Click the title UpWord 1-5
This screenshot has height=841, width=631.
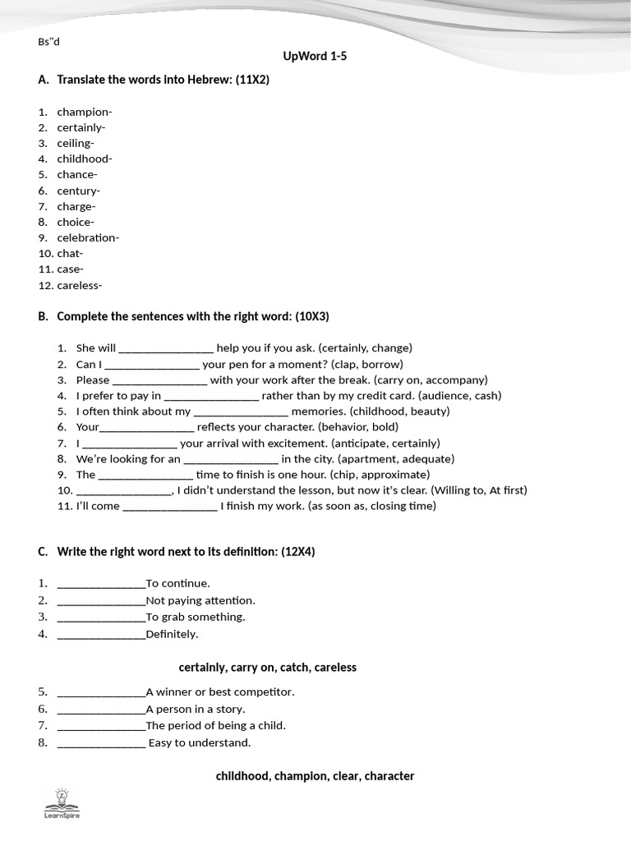(309, 57)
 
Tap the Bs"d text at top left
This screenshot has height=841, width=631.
(49, 43)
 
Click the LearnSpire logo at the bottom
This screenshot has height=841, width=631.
(62, 803)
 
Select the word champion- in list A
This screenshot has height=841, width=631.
(85, 112)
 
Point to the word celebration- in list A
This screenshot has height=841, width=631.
(88, 238)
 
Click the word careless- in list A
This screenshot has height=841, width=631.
(80, 286)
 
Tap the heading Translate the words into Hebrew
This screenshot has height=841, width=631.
(163, 80)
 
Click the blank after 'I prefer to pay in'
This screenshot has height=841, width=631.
(211, 396)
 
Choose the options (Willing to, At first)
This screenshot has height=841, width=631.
(478, 490)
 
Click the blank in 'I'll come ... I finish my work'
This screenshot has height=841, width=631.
(169, 507)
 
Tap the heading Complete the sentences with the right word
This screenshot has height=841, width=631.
(192, 316)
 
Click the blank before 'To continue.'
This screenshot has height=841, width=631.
(101, 584)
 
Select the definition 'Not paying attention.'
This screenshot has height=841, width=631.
(200, 600)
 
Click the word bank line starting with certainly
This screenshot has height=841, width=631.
(268, 668)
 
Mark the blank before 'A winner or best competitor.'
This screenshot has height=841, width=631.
(101, 692)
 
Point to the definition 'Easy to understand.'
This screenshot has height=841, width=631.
(200, 742)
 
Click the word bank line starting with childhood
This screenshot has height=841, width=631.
(315, 776)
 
